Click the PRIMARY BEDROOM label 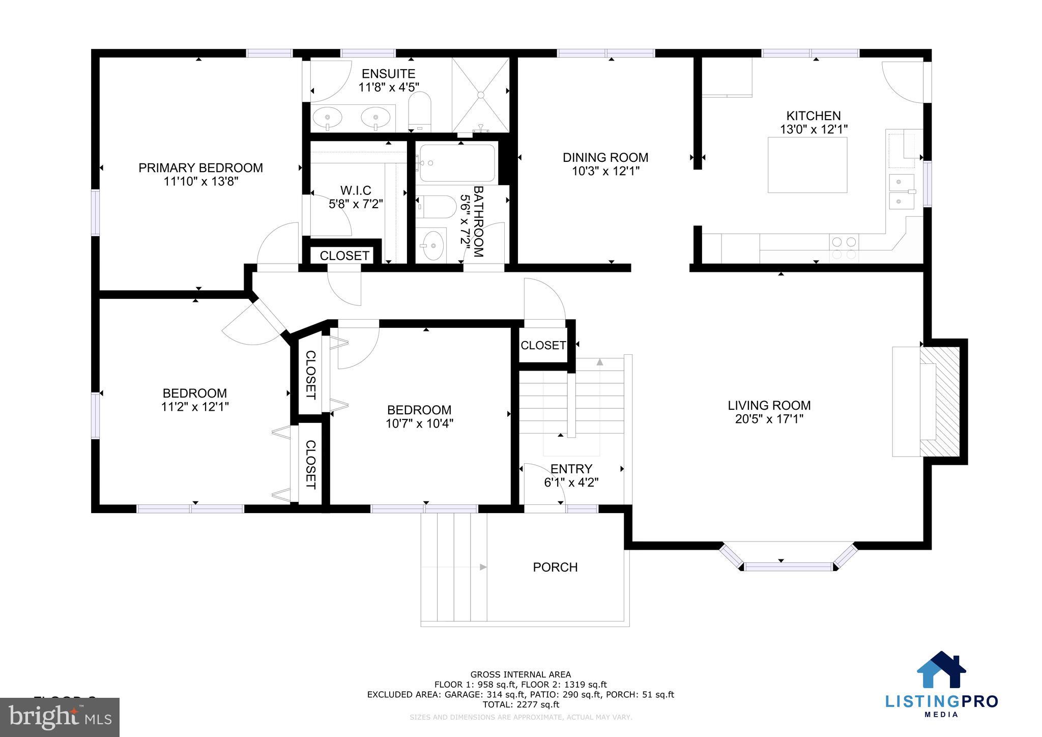click(200, 168)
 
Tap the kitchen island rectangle click(807, 165)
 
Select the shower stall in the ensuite click(480, 95)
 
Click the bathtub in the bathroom click(456, 163)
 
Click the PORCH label click(555, 567)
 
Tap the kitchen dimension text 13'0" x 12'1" click(814, 130)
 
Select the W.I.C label click(356, 190)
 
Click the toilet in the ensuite click(420, 111)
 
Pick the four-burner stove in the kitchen click(844, 248)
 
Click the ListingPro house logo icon click(941, 670)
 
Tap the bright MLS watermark click(60, 717)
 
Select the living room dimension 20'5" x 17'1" click(769, 419)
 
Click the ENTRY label click(571, 469)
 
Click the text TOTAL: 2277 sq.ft click(520, 704)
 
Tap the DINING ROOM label click(605, 158)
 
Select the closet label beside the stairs click(543, 346)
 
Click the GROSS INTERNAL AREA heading click(520, 675)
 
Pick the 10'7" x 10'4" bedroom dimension click(419, 423)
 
